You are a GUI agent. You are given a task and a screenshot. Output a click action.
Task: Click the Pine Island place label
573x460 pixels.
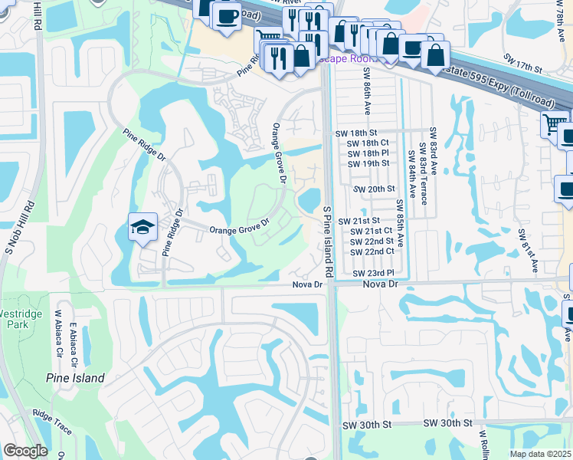[x=74, y=378]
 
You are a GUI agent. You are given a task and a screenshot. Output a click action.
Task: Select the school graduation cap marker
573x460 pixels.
[x=142, y=227]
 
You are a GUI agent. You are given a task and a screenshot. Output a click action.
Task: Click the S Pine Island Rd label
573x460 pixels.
[x=327, y=241]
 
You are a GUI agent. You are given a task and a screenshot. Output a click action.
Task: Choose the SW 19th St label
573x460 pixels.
[x=368, y=163]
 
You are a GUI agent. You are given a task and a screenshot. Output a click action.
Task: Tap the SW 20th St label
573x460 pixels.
[x=375, y=189]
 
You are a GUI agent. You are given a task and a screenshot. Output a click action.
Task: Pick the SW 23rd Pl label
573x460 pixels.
[x=374, y=273]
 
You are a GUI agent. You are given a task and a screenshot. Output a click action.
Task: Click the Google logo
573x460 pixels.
[x=25, y=451]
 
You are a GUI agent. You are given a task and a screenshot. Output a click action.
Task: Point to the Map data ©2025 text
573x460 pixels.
[x=541, y=454]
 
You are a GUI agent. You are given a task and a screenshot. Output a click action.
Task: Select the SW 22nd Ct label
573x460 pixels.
[x=372, y=251]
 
